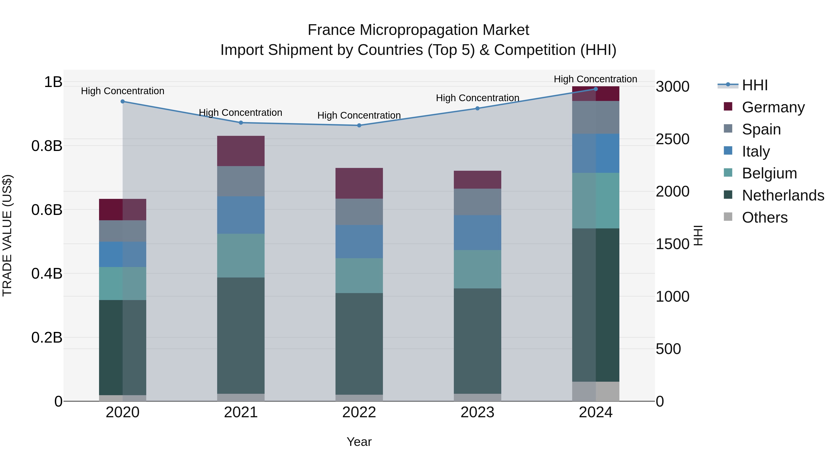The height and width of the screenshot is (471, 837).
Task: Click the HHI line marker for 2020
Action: [123, 101]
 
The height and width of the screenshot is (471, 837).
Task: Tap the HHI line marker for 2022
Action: [359, 125]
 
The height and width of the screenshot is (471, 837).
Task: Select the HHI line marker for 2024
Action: [596, 89]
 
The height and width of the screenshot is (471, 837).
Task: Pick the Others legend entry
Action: [764, 217]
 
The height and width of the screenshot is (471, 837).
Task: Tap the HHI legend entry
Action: [754, 85]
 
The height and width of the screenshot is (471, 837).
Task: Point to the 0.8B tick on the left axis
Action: [47, 146]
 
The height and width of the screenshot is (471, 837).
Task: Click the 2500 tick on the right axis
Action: [672, 139]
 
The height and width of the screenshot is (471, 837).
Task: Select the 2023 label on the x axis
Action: [477, 412]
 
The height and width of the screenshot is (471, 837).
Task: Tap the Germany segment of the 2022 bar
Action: [359, 183]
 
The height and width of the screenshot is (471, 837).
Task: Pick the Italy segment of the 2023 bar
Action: [477, 232]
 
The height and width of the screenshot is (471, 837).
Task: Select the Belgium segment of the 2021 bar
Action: [241, 255]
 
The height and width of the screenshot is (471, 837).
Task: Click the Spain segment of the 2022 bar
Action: [359, 212]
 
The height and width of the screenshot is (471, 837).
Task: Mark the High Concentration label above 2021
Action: [240, 113]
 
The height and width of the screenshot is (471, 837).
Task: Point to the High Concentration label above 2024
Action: [595, 79]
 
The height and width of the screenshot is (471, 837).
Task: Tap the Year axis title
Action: [359, 442]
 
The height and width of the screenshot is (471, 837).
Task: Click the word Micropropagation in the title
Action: [418, 30]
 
